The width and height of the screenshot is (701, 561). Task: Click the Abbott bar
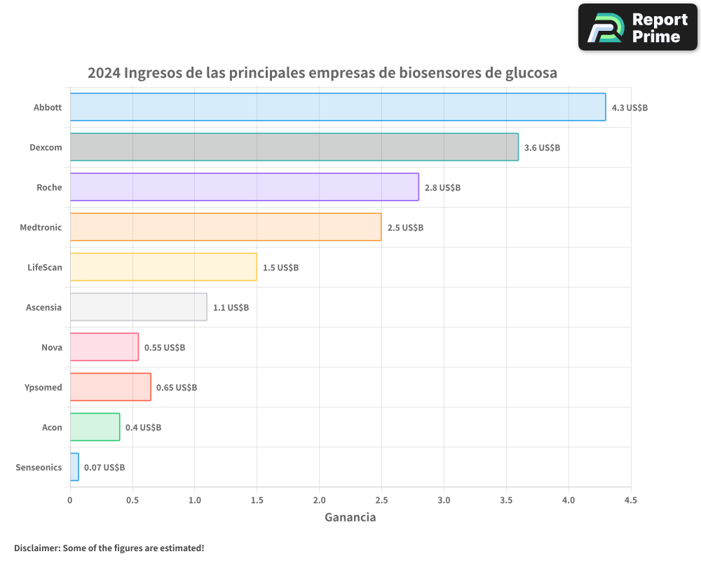tap(337, 107)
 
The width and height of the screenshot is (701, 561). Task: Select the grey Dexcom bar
tap(294, 147)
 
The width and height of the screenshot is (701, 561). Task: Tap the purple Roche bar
tap(244, 187)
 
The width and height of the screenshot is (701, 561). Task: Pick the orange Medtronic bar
tap(225, 227)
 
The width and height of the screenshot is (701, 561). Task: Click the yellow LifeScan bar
tap(163, 267)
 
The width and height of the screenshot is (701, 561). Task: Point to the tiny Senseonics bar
tap(74, 467)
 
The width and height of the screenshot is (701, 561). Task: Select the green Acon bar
tap(95, 427)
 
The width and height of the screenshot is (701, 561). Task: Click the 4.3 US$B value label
tap(629, 108)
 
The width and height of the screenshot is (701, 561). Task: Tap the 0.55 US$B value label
tap(165, 348)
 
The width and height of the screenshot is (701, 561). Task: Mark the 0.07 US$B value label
tap(104, 468)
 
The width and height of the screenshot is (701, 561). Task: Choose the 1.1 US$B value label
tap(231, 308)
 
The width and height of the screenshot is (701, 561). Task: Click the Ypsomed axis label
tap(43, 388)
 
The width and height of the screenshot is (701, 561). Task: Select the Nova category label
tap(52, 348)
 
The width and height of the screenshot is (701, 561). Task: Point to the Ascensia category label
tap(43, 308)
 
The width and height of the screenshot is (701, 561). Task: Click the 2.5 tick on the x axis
tap(381, 501)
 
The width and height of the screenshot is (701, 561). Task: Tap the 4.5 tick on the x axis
tap(631, 501)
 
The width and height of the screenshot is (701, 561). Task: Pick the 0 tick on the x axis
tap(70, 501)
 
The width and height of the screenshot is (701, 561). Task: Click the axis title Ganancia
tap(350, 518)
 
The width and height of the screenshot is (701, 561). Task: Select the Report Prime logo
tap(637, 27)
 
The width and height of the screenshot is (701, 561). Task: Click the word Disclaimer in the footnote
tap(36, 548)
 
